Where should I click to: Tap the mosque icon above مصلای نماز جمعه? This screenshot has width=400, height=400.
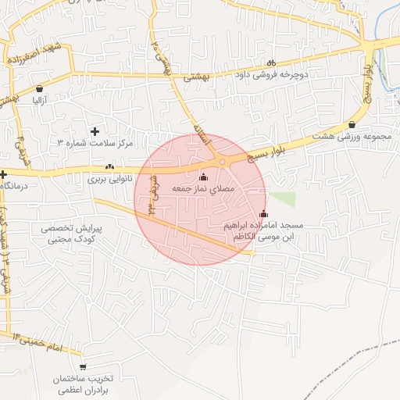coord(205,177)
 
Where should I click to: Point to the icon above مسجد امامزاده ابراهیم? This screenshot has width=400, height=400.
coord(263,214)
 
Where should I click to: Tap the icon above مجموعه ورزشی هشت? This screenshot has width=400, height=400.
coord(352,124)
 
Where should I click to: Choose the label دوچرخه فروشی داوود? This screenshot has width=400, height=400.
coord(273,76)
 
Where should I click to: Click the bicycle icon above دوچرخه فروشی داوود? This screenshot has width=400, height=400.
coord(271,63)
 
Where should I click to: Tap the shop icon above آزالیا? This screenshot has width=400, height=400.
coord(40,88)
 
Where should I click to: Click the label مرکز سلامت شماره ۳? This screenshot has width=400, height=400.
coord(95,144)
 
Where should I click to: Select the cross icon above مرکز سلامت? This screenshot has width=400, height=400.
coord(95,131)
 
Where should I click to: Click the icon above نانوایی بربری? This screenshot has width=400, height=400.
coord(109,166)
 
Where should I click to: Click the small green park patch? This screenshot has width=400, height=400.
coord(283,198)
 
